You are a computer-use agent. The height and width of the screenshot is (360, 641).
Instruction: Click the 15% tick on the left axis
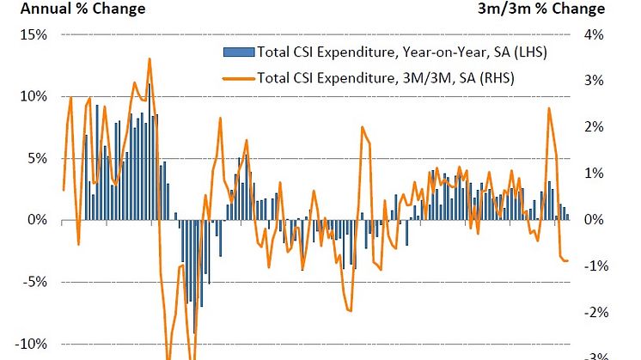[x=34, y=34]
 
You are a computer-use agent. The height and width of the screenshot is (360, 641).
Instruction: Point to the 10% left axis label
[x=34, y=96]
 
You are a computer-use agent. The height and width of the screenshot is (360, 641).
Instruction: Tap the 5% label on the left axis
[x=37, y=158]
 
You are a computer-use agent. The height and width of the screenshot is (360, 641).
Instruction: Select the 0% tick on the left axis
[x=37, y=220]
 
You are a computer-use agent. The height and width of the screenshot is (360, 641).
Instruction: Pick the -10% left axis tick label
[x=31, y=344]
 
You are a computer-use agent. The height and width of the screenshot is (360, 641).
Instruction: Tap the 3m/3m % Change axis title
[x=540, y=9]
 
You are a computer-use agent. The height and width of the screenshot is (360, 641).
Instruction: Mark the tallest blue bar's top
[x=148, y=84]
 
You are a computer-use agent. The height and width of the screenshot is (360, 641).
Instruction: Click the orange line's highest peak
[x=150, y=58]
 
